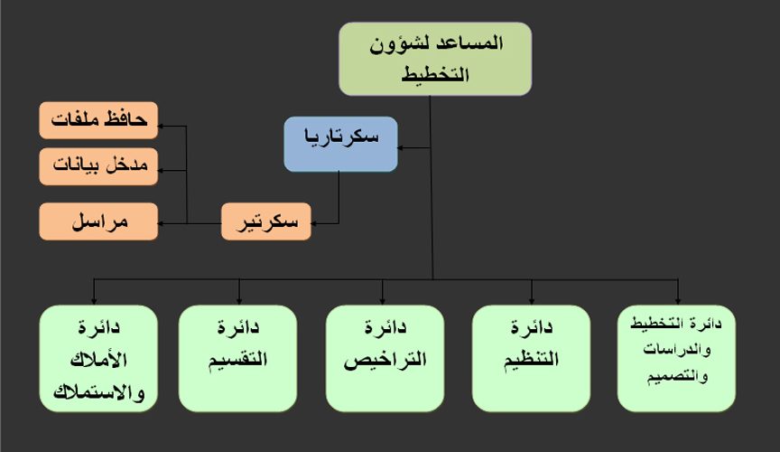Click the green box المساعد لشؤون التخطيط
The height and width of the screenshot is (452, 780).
435,59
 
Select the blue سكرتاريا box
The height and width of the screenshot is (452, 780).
340,144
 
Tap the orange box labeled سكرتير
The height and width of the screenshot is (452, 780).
266,221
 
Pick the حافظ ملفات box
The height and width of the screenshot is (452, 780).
98,120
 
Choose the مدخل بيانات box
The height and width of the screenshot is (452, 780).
98,166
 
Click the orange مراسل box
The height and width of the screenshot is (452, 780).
98,221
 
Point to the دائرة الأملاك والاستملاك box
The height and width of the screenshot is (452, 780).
98,358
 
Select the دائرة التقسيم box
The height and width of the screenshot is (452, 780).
237,358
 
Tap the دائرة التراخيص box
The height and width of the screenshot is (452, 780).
385,358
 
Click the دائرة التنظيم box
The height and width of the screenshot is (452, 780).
531,358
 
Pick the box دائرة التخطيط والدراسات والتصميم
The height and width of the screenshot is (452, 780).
676,358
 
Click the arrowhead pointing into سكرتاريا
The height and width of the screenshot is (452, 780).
400,147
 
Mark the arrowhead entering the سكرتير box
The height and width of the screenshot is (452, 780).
314,223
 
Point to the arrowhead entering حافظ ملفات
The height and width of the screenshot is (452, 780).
161,126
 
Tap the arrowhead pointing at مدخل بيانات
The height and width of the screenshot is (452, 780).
161,170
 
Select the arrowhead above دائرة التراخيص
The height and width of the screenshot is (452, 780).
383,302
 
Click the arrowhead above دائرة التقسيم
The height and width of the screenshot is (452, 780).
239,302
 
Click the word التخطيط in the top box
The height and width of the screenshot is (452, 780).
435,74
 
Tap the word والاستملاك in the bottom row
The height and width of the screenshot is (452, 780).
98,392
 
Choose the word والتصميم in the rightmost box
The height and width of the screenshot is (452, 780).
677,376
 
